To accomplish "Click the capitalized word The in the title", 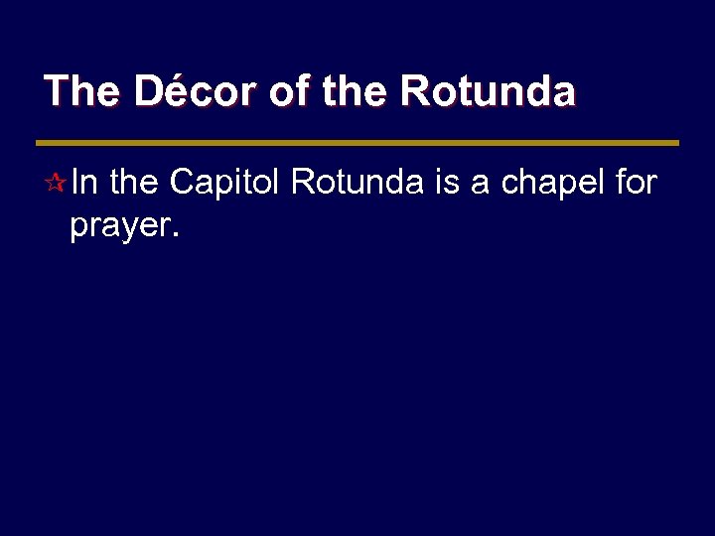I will pyautogui.click(x=82, y=91).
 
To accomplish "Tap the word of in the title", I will pyautogui.click(x=289, y=91).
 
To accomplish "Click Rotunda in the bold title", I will pyautogui.click(x=487, y=91).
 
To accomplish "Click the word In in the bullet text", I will pyautogui.click(x=85, y=183).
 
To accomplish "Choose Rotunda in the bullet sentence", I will pyautogui.click(x=357, y=183).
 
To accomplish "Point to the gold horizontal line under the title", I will pyautogui.click(x=357, y=143).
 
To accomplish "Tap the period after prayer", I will pyautogui.click(x=176, y=237).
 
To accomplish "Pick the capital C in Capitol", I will pyautogui.click(x=182, y=183).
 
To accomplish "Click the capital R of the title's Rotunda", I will pyautogui.click(x=413, y=91).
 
